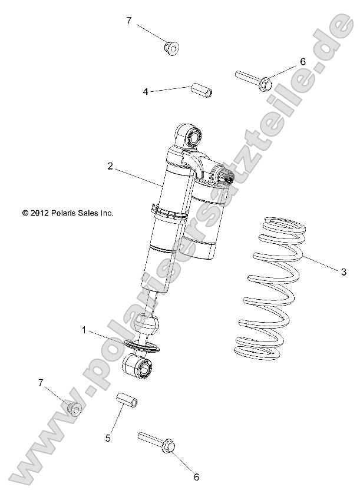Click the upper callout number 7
[129, 21]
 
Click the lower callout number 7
[41, 383]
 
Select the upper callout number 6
[302, 61]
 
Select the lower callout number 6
[197, 477]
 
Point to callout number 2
[110, 167]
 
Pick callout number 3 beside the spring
[344, 271]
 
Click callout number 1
[84, 331]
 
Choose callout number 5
[108, 438]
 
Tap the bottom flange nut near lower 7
[74, 407]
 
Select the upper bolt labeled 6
[253, 79]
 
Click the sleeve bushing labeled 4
[201, 91]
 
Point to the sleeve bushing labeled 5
[128, 400]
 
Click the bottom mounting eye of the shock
[142, 369]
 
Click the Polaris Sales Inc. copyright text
[67, 213]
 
